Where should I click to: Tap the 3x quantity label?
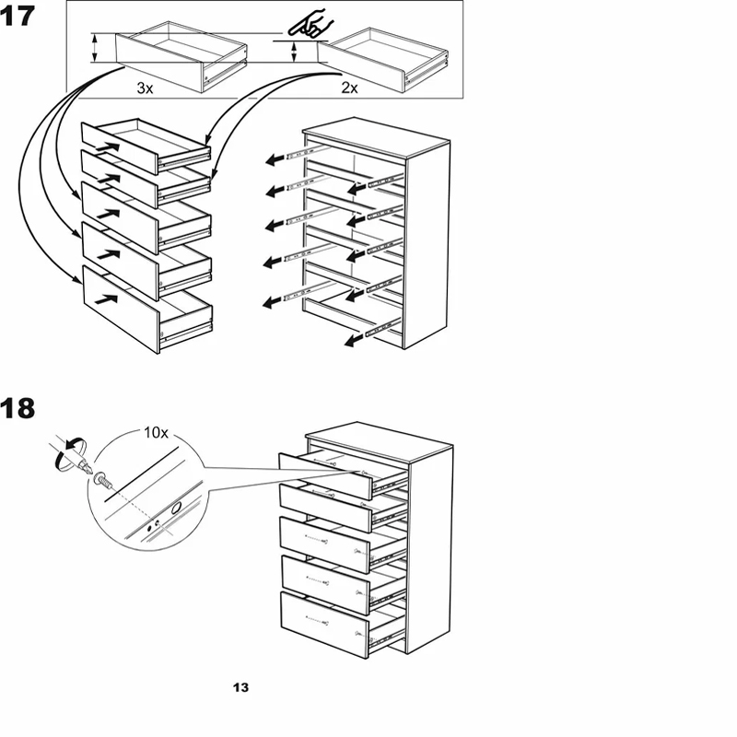(144, 88)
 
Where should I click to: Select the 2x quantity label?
(349, 88)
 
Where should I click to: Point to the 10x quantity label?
(155, 431)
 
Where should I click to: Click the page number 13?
(240, 687)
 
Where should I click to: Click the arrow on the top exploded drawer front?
(108, 144)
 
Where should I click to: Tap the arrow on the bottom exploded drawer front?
(109, 298)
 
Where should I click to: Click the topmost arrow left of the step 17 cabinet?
(275, 159)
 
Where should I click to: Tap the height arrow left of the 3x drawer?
(94, 48)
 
